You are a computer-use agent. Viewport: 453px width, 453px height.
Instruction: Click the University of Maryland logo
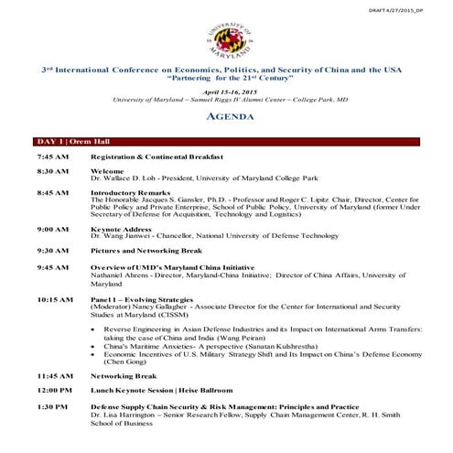click(226, 37)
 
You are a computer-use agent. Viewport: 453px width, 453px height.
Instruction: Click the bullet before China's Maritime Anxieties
click(96, 347)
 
